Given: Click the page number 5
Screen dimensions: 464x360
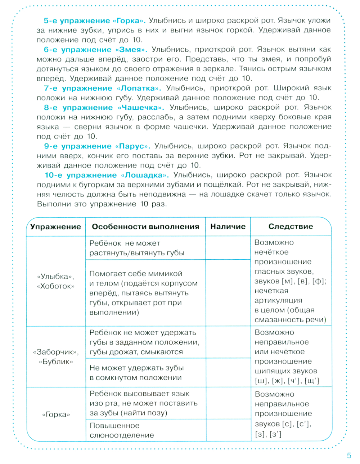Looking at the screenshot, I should pyautogui.click(x=348, y=456).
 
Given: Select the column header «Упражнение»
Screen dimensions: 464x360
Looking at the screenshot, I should pyautogui.click(x=55, y=227).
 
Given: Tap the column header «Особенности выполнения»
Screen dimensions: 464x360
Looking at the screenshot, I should pyautogui.click(x=145, y=227).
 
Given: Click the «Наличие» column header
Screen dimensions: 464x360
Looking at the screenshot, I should pyautogui.click(x=228, y=227).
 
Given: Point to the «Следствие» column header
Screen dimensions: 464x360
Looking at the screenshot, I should pyautogui.click(x=291, y=227).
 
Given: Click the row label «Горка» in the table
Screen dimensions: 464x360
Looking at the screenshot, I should pyautogui.click(x=56, y=414).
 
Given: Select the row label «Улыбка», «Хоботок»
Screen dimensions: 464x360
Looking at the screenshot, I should pyautogui.click(x=55, y=281).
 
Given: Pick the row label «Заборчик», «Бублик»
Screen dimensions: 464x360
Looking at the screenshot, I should pyautogui.click(x=56, y=357).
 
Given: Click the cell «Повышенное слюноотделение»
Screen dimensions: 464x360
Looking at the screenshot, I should pyautogui.click(x=122, y=430).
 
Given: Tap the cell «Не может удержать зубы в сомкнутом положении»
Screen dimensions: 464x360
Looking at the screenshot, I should pyautogui.click(x=136, y=373).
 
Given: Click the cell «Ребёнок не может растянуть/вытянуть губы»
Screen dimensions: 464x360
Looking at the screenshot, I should pyautogui.click(x=137, y=248).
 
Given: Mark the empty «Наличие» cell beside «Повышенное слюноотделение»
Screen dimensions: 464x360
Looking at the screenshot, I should pyautogui.click(x=228, y=430).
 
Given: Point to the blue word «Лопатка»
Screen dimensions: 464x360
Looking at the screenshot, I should pyautogui.click(x=139, y=88).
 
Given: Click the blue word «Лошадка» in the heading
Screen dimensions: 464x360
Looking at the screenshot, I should pyautogui.click(x=144, y=176).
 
